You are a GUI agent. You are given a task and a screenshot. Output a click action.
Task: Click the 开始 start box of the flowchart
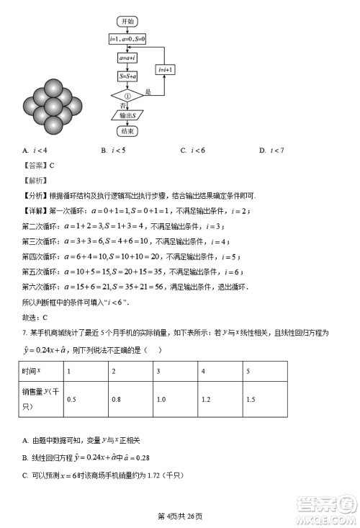coord(127,22)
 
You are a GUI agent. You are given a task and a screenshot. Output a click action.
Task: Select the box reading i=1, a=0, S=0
coord(127,39)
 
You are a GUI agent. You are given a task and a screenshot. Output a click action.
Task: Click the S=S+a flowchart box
coord(127,75)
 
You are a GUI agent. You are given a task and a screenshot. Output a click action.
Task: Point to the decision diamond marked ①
coord(127,95)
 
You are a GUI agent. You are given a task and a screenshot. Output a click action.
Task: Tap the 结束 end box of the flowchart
coord(127,132)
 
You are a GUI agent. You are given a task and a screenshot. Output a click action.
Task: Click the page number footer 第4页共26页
coord(180,516)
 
